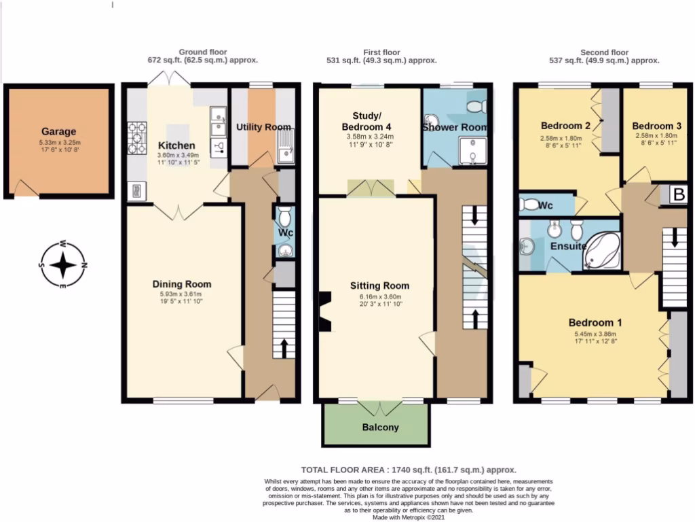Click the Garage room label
[58, 132]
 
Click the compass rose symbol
[62, 265]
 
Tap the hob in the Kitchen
[136, 138]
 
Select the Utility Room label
[263, 127]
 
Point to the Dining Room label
[181, 284]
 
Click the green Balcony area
[375, 427]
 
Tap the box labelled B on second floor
[677, 194]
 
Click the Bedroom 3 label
[656, 126]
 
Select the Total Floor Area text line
[409, 470]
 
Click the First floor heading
[381, 52]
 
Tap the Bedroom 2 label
[565, 126]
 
